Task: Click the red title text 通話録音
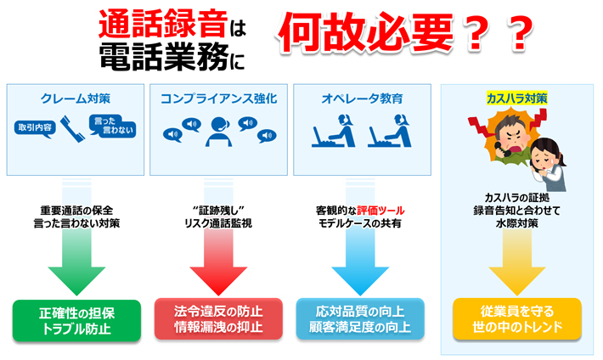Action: (163, 24)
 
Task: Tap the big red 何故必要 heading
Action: (366, 32)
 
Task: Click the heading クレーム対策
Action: (76, 98)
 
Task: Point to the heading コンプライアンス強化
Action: (218, 98)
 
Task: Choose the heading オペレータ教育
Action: (362, 98)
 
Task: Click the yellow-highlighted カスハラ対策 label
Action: (516, 98)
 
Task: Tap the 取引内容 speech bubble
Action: (35, 128)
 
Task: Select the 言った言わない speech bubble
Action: (112, 126)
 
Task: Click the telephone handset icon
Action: (72, 129)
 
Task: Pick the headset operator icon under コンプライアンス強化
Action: (218, 132)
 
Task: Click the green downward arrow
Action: (76, 237)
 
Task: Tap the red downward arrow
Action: (218, 237)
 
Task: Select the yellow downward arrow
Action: (517, 262)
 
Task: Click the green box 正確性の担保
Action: (77, 321)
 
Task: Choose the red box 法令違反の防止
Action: (218, 319)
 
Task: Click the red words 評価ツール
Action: (380, 211)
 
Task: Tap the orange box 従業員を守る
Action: (517, 319)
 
